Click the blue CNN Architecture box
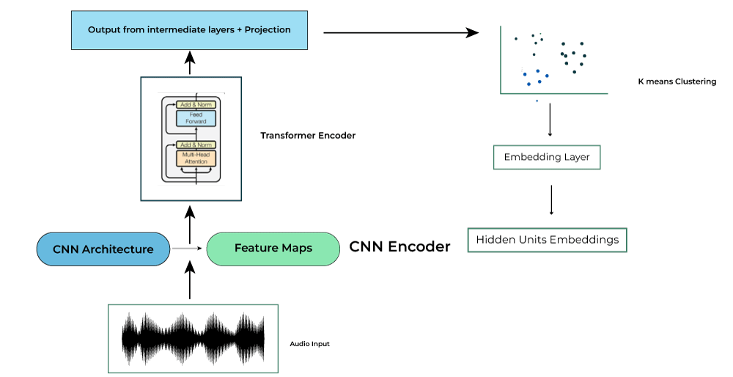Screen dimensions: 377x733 click(103, 249)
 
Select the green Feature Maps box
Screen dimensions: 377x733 click(273, 249)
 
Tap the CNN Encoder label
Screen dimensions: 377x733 click(399, 247)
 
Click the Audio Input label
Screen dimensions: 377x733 click(310, 343)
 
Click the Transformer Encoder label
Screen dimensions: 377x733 click(308, 136)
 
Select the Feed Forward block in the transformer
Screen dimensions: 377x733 click(196, 118)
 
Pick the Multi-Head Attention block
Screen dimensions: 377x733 click(196, 158)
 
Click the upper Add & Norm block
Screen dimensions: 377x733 click(196, 105)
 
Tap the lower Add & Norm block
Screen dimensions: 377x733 click(196, 145)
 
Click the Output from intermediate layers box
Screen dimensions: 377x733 click(189, 30)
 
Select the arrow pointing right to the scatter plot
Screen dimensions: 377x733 click(399, 32)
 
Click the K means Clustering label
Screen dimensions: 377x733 click(677, 81)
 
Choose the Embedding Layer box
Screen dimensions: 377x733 click(548, 158)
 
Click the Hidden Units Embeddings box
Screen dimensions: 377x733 click(548, 240)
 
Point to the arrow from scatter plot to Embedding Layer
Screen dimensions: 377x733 click(550, 125)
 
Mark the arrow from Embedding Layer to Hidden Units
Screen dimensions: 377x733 click(550, 199)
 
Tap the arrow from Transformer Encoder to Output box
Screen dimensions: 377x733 click(189, 64)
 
